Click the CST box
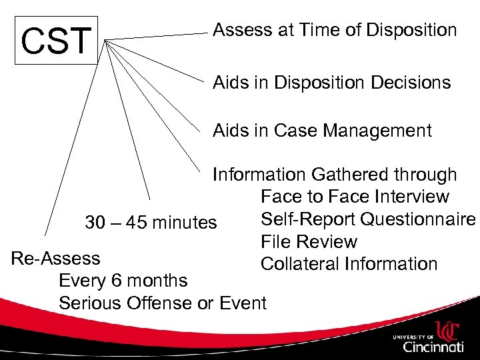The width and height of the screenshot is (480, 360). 55,41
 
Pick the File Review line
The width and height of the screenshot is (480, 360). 309,242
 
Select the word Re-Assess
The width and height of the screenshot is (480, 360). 56,258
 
